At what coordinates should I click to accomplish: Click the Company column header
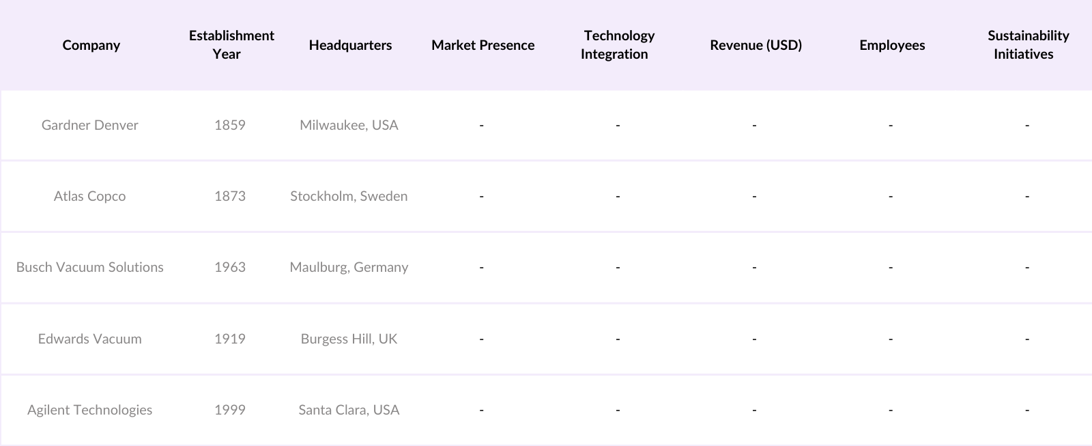pos(91,45)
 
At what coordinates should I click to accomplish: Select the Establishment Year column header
pos(231,44)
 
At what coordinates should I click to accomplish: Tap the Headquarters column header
pos(350,45)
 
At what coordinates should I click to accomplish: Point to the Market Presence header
pos(483,45)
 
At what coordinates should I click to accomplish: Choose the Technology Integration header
pos(618,44)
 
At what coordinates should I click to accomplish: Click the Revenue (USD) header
pos(756,45)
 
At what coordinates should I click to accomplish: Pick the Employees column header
pos(892,45)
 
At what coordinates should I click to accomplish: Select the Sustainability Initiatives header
pos(1028,44)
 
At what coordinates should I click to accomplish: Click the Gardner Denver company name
pos(89,125)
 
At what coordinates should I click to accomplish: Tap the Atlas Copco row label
pos(89,196)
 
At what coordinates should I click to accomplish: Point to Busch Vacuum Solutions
pos(89,267)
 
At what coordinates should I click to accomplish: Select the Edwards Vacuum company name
pos(89,339)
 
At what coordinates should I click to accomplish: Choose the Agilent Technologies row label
pos(89,410)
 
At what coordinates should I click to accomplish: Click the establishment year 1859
pos(229,125)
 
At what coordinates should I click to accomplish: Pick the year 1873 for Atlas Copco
pos(229,196)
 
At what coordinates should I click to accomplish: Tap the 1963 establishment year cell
pos(229,267)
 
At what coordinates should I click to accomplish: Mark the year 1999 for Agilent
pos(229,410)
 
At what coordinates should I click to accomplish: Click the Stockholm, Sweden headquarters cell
pos(349,196)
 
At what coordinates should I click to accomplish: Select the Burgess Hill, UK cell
pos(349,339)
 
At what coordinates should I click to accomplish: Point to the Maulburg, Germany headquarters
pos(349,267)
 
